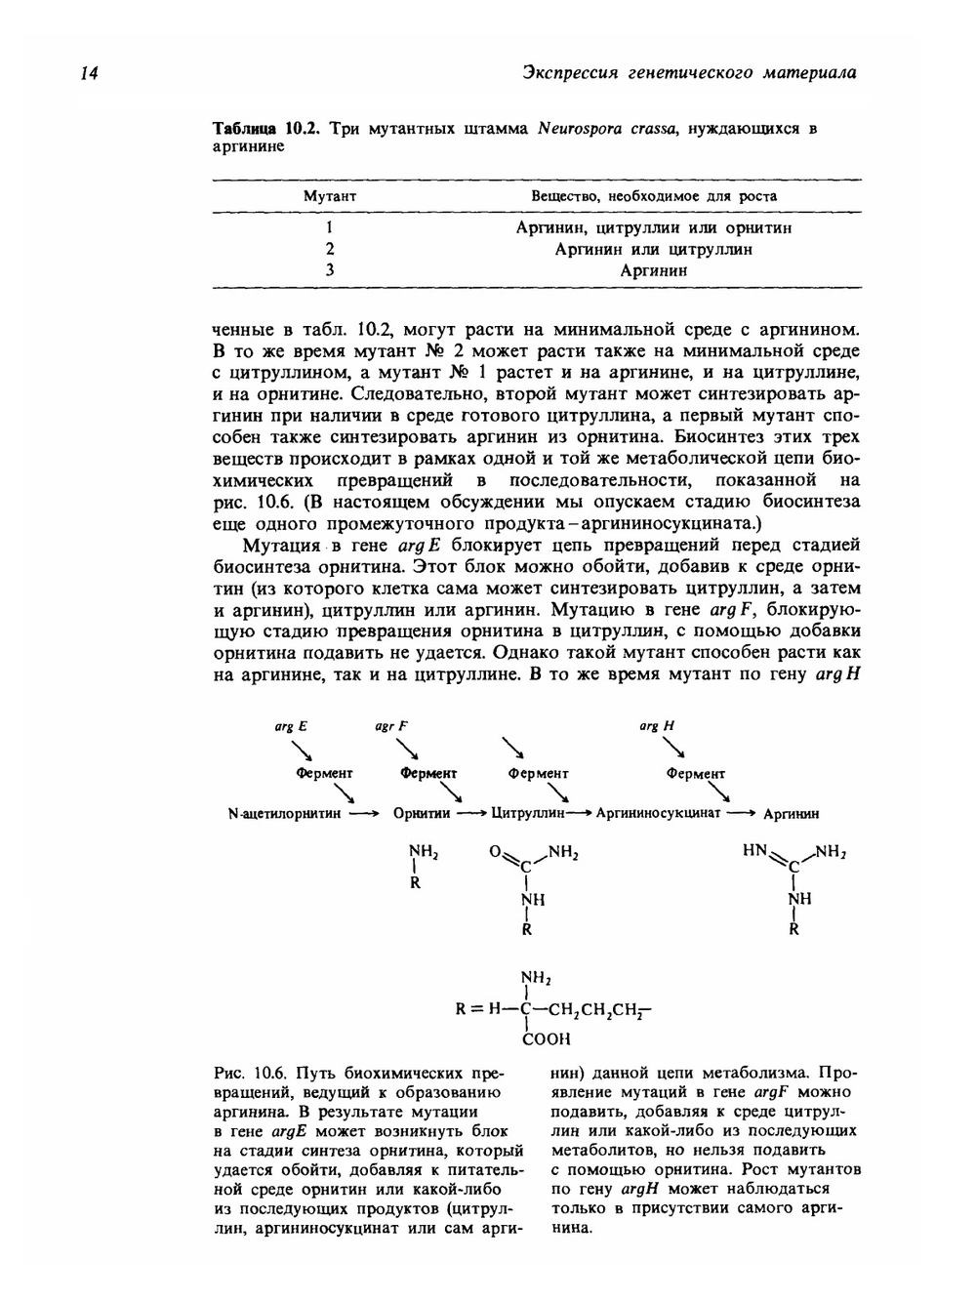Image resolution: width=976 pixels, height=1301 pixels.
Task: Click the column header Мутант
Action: tap(329, 196)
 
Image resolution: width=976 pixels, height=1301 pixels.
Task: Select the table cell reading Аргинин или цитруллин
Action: tap(653, 249)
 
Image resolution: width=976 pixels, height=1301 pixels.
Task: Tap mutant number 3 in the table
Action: tap(330, 270)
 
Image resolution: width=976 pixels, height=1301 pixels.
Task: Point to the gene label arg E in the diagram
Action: tap(290, 726)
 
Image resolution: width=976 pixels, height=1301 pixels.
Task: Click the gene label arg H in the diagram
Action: tap(656, 726)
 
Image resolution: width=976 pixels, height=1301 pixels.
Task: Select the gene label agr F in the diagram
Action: tap(390, 726)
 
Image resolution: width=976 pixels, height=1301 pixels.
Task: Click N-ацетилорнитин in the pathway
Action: tap(283, 813)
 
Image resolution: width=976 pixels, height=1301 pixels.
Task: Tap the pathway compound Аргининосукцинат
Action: tap(658, 813)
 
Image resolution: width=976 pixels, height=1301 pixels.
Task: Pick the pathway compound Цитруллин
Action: tap(527, 813)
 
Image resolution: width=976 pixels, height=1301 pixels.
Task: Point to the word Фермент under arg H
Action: tap(695, 774)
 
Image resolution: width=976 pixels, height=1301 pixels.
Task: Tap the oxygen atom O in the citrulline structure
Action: tap(495, 852)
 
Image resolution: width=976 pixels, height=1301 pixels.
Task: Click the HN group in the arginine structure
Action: tap(755, 851)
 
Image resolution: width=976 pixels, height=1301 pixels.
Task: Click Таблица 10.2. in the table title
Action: tap(266, 129)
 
